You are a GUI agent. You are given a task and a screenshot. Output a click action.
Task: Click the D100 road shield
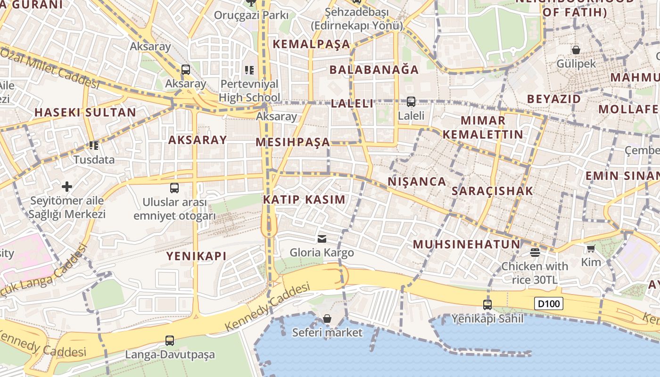[549, 303]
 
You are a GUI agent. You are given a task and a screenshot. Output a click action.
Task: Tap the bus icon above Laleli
[411, 101]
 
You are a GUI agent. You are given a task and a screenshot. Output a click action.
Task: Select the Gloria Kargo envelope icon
[322, 238]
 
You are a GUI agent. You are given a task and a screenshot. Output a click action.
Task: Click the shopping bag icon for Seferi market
[327, 319]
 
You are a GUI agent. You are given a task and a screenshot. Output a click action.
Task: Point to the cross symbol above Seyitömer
[67, 186]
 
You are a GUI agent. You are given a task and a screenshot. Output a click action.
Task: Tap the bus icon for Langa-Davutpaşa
[170, 340]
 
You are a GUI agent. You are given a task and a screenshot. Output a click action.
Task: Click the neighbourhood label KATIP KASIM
[304, 199]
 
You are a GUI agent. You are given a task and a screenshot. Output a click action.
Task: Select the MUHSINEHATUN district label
[466, 244]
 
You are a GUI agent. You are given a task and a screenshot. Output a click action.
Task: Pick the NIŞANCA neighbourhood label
[417, 181]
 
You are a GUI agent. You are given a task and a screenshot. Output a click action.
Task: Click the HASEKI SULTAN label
[85, 113]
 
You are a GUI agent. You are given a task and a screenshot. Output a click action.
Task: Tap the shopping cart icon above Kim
[591, 248]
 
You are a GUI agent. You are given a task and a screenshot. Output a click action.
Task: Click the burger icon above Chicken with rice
[535, 253]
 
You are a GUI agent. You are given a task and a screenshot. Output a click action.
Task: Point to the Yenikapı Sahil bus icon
[487, 305]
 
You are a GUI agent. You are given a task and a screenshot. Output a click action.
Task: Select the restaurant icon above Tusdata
[94, 146]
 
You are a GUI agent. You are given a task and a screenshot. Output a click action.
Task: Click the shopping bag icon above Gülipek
[576, 49]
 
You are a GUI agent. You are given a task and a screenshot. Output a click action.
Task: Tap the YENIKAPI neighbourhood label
[196, 256]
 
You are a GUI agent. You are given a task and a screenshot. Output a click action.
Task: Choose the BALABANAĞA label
[374, 70]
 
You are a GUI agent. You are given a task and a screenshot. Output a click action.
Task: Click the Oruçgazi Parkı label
[251, 15]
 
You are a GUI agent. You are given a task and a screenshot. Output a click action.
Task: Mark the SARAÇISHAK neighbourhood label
[492, 191]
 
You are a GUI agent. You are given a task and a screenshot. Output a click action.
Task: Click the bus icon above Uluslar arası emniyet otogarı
[174, 188]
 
